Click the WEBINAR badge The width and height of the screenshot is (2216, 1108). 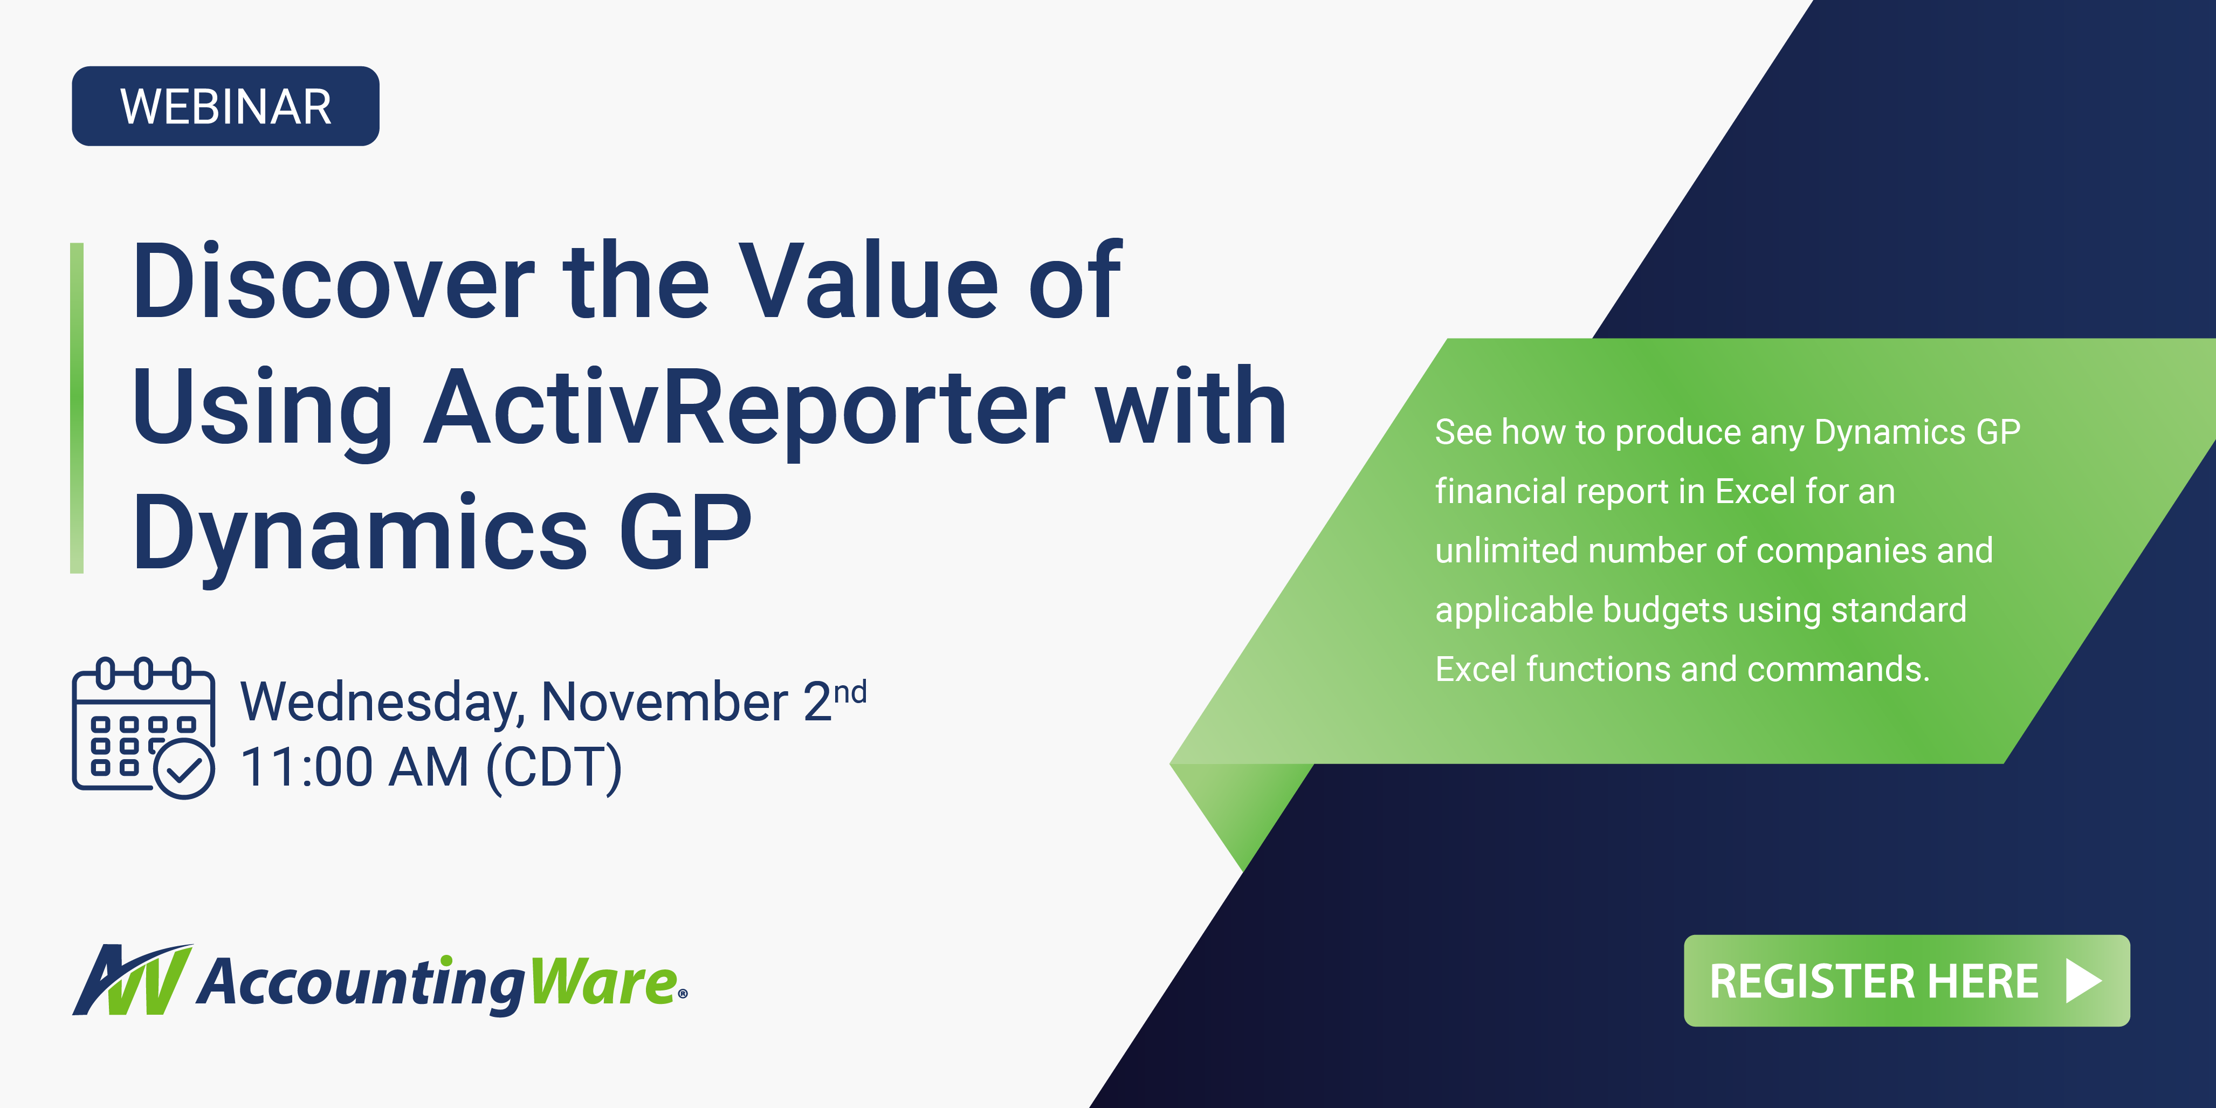click(x=225, y=106)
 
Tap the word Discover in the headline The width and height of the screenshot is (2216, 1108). click(x=333, y=281)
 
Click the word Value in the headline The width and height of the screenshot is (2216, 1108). click(x=869, y=281)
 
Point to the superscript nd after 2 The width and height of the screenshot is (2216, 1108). click(x=850, y=692)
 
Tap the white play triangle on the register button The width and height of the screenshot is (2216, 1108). click(x=2083, y=981)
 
